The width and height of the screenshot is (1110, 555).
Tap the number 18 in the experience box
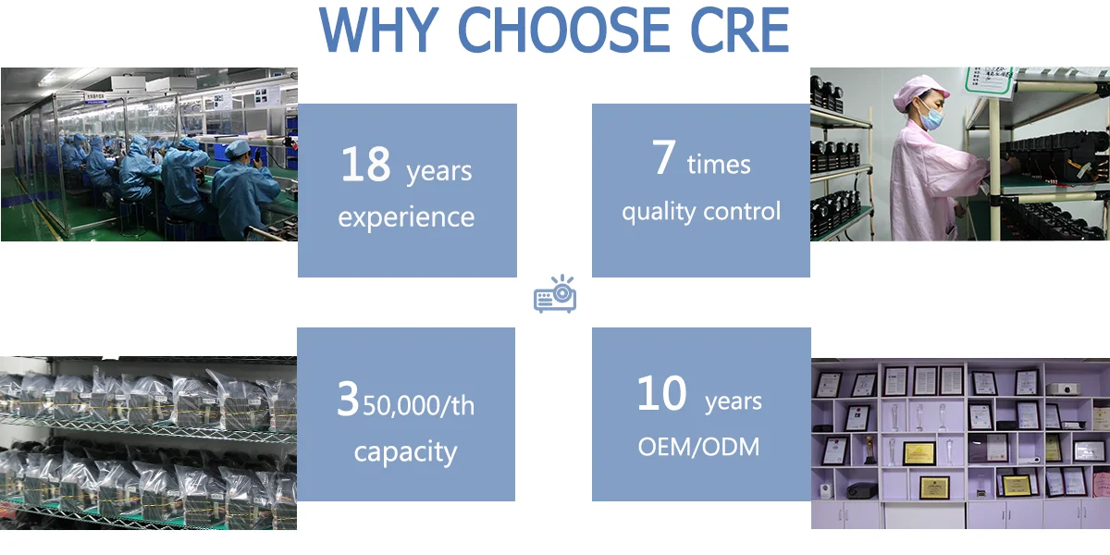pos(366,165)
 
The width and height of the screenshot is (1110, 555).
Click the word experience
pos(406,217)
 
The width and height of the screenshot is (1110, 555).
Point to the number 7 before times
pos(663,158)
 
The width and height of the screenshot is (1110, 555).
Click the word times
pos(719,166)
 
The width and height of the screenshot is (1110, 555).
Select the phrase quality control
pos(701,212)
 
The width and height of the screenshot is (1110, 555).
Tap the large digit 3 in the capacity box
pos(347,400)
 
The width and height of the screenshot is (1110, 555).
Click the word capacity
pos(405,452)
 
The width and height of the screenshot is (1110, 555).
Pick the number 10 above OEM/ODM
pos(661,395)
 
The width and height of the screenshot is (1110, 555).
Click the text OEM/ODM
pos(698,447)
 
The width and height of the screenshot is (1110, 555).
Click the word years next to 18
pos(438,171)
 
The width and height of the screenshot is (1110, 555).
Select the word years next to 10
pos(734,402)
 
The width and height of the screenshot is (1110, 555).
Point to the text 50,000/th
pos(417,405)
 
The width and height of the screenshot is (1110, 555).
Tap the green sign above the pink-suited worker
pos(986,80)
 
